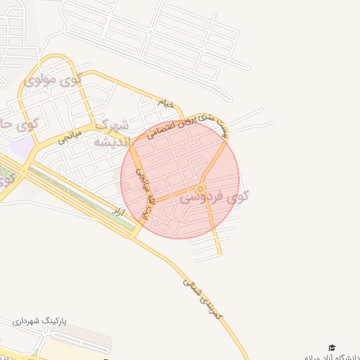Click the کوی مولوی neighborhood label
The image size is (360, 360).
pyautogui.click(x=52, y=79)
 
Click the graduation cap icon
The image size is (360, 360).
pyautogui.click(x=332, y=347)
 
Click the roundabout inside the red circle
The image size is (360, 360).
pyautogui.click(x=201, y=188)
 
